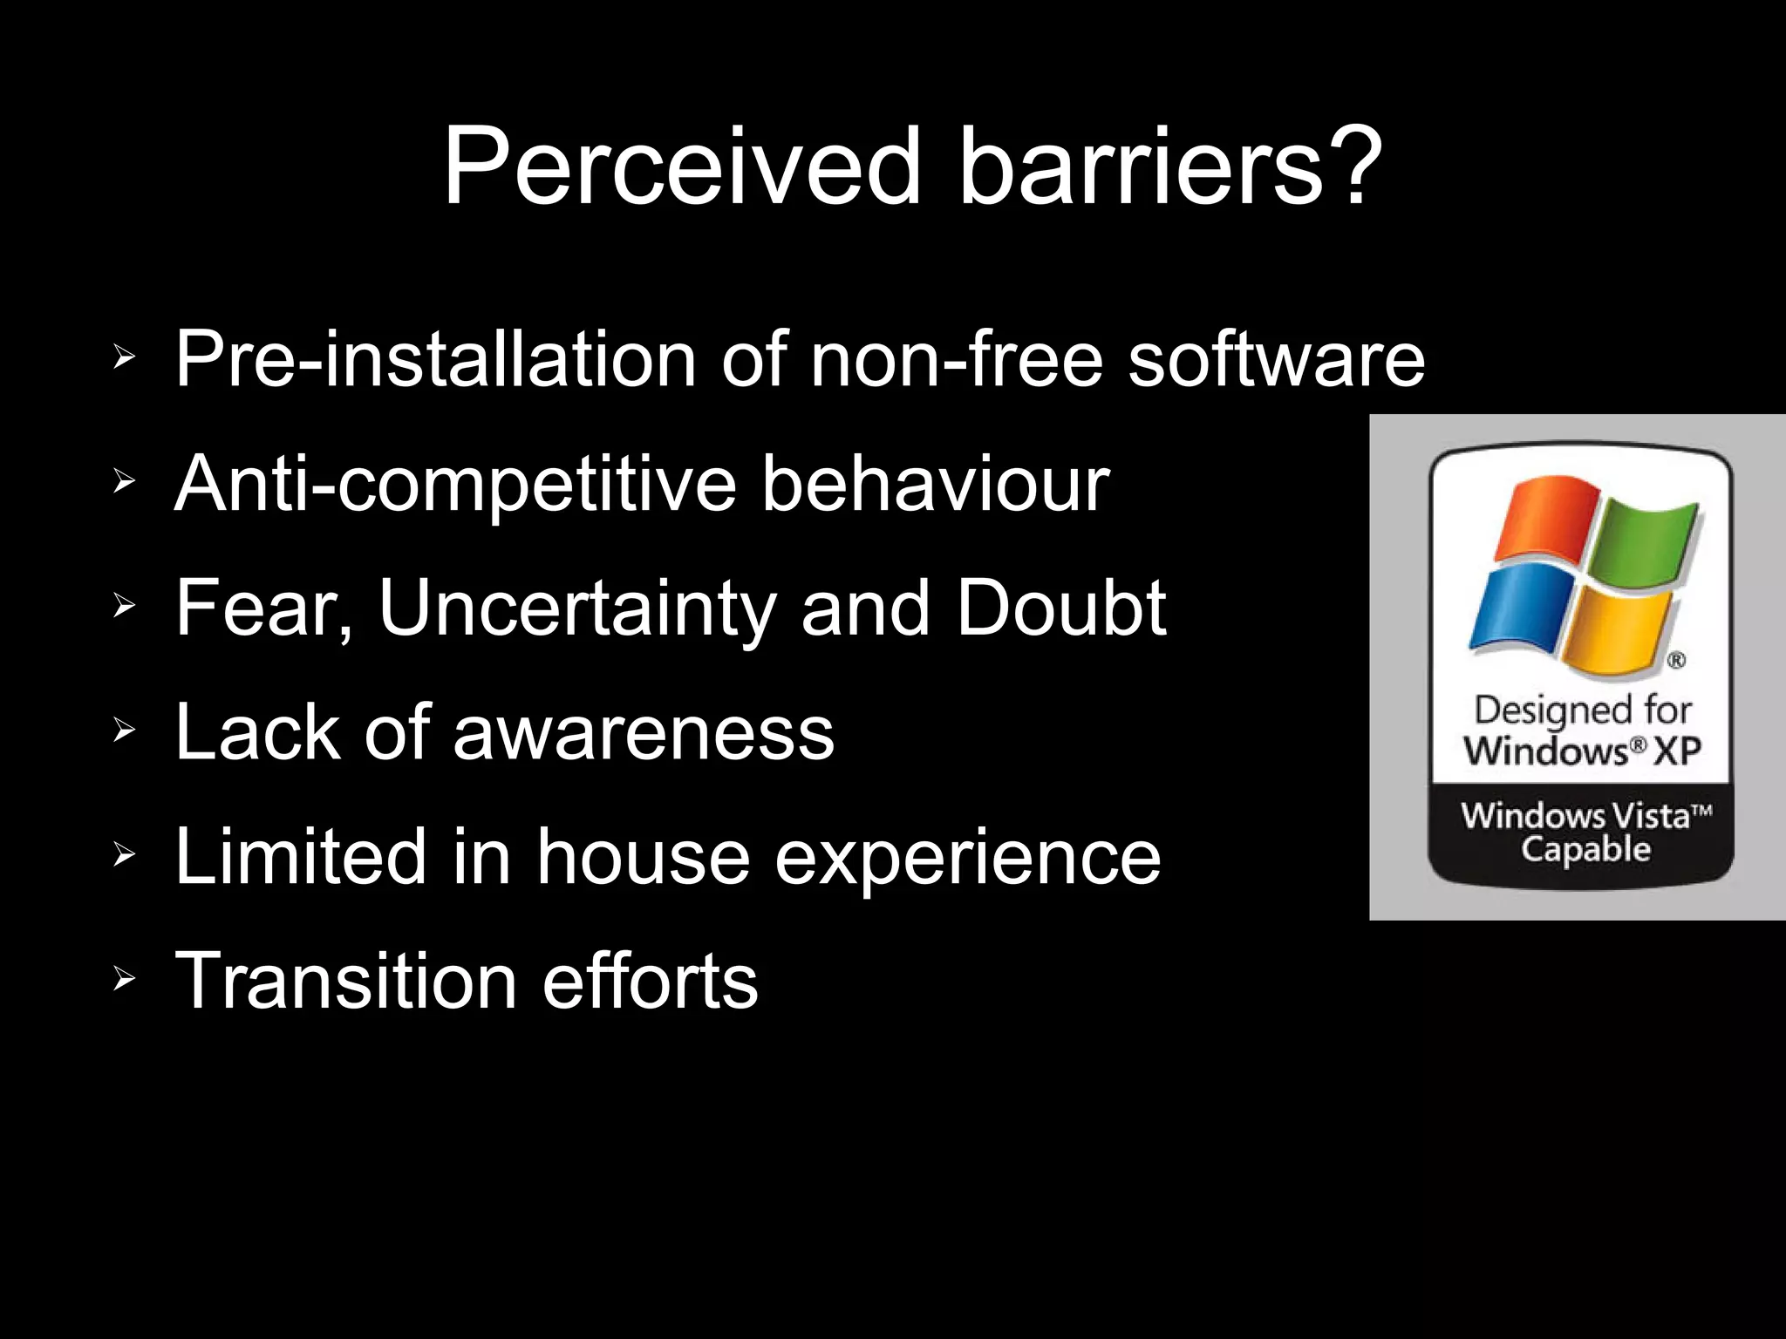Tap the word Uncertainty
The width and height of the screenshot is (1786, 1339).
(x=577, y=608)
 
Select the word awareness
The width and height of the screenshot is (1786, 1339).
(x=644, y=732)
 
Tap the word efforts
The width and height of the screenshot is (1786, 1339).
(x=650, y=981)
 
